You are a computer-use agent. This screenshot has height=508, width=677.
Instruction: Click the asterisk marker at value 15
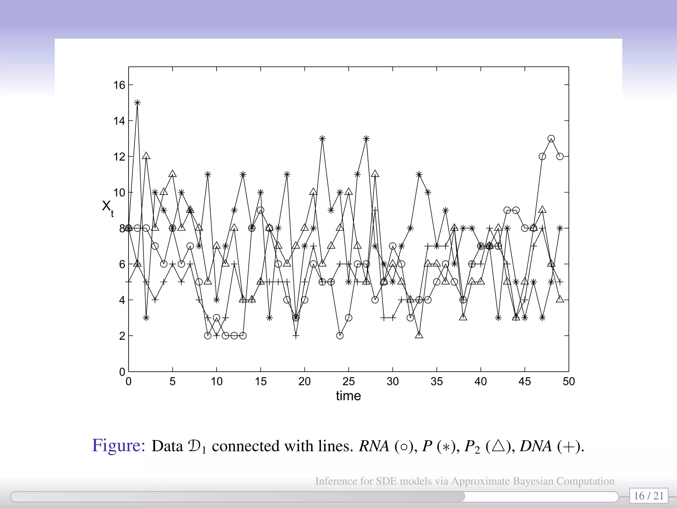[137, 103]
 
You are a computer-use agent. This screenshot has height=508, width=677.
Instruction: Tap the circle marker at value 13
[551, 139]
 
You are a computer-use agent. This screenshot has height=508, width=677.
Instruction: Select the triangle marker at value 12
[146, 156]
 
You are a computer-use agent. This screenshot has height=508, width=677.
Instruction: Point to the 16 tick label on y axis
[119, 85]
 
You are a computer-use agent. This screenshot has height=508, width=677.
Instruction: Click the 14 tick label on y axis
[119, 121]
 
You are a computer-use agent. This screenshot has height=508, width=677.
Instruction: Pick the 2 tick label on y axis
[122, 336]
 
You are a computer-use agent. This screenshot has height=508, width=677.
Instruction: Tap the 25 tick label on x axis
[348, 382]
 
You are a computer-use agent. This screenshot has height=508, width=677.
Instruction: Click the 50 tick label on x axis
[569, 382]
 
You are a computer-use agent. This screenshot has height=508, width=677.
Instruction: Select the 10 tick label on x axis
[217, 382]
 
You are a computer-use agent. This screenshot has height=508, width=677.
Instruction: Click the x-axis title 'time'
[348, 396]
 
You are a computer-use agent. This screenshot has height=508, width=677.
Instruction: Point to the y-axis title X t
[107, 207]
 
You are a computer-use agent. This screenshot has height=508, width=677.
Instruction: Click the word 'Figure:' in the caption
[119, 445]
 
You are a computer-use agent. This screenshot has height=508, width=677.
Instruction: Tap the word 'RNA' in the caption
[374, 446]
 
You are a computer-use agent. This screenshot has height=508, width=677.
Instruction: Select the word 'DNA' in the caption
[536, 446]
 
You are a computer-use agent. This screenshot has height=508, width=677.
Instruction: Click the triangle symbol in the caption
[498, 446]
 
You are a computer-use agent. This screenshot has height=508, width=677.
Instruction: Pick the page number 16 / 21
[649, 496]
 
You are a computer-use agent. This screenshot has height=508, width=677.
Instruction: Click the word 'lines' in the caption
[334, 446]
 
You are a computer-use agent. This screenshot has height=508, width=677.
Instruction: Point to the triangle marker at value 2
[419, 335]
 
